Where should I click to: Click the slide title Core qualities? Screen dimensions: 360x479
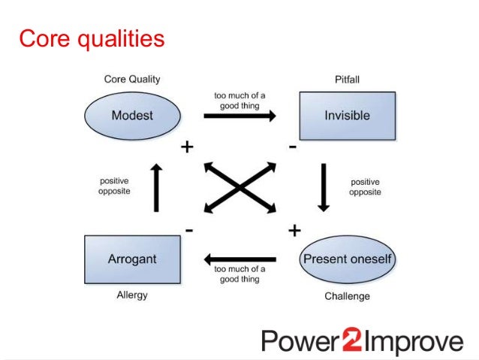click(x=91, y=38)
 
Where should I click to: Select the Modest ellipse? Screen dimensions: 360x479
click(x=132, y=116)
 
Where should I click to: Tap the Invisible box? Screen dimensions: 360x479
click(x=347, y=116)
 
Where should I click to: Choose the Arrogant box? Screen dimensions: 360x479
click(x=132, y=259)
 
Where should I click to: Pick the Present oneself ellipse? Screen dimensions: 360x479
click(x=347, y=259)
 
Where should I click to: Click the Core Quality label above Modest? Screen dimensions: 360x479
click(x=132, y=79)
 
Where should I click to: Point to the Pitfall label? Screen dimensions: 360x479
click(x=347, y=79)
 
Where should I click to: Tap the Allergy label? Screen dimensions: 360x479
click(x=132, y=295)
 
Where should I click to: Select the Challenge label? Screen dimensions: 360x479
click(x=347, y=296)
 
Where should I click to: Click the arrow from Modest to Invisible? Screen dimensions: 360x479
click(x=239, y=116)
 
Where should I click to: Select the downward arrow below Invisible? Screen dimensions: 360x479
click(x=324, y=186)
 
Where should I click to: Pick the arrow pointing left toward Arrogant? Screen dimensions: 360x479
click(x=239, y=259)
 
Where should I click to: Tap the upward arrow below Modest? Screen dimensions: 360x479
click(x=156, y=188)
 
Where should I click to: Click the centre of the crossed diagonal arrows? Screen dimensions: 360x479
click(x=239, y=187)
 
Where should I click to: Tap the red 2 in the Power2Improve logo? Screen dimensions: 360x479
click(x=352, y=341)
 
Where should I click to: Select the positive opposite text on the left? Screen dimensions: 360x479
click(x=115, y=186)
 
